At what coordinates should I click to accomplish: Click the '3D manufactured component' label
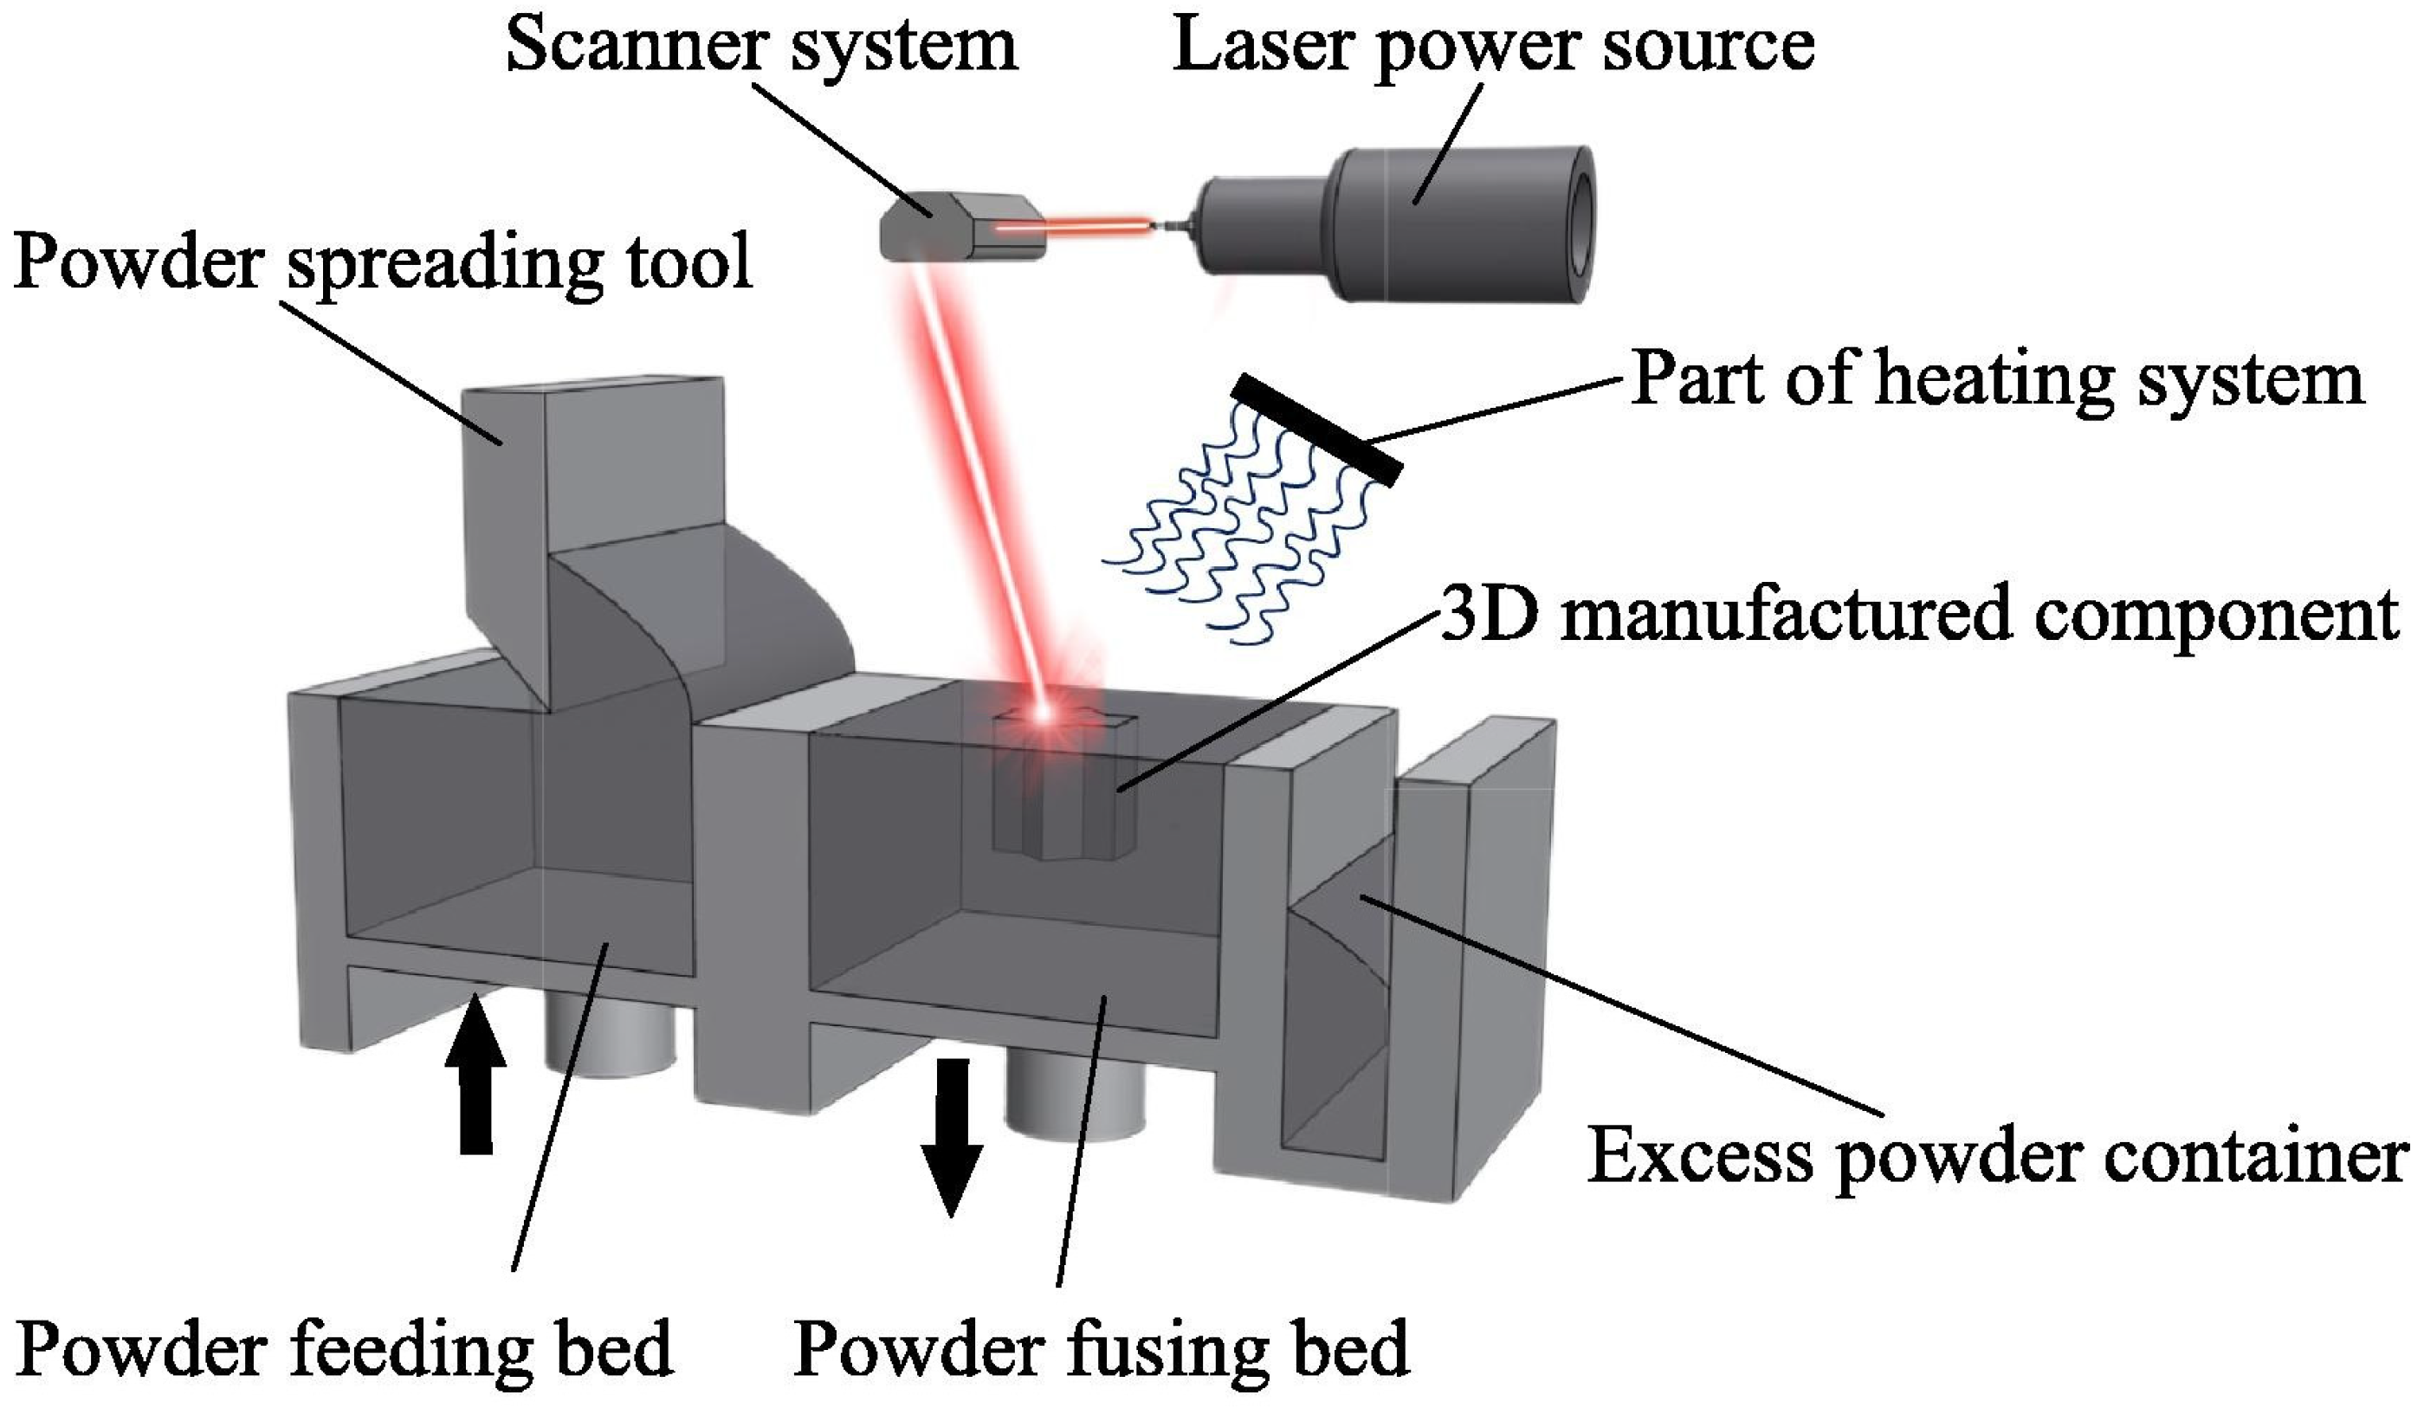(x=1918, y=614)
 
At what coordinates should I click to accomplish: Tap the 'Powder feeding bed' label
(x=345, y=1348)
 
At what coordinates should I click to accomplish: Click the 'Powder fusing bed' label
(x=1101, y=1348)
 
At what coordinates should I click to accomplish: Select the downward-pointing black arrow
(x=951, y=1135)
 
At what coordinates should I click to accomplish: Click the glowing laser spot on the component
(x=1044, y=714)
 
